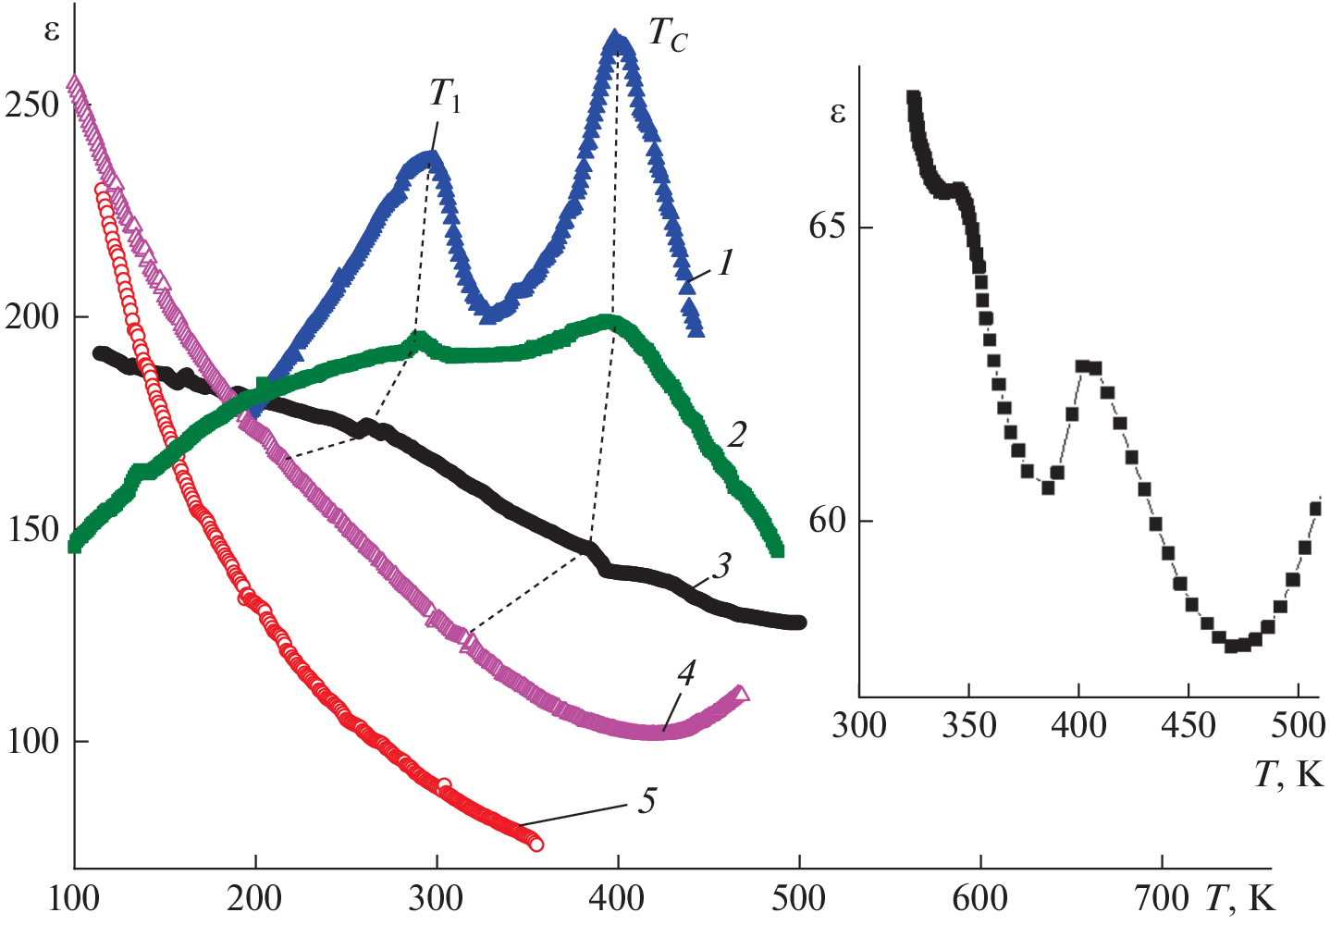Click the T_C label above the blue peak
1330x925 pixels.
point(667,35)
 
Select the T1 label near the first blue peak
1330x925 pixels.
point(445,94)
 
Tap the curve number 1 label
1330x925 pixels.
point(726,263)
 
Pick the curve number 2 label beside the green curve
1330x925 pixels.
point(736,434)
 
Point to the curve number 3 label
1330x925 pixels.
point(721,565)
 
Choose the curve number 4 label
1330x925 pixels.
point(685,673)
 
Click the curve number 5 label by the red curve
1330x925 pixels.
point(647,800)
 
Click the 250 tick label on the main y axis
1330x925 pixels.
point(32,105)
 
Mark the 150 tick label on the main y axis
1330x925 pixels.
point(32,530)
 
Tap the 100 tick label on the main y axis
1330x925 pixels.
point(32,742)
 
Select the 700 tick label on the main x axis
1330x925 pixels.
point(1162,897)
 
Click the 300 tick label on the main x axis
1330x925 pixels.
point(436,897)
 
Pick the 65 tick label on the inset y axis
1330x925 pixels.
point(828,228)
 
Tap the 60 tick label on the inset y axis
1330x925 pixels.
point(828,521)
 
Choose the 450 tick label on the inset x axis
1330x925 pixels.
point(1188,725)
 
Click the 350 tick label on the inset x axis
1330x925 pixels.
point(969,725)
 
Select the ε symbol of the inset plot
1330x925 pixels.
point(837,113)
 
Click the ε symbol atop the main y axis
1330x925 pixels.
point(52,31)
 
